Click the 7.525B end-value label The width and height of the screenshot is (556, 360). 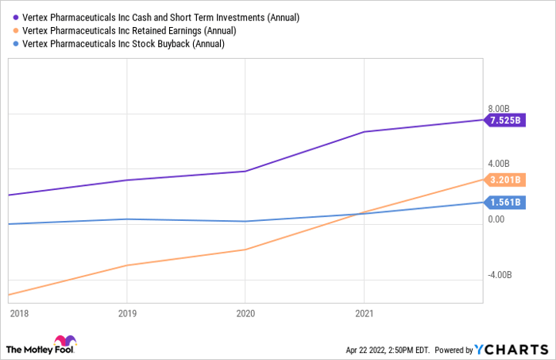click(506, 121)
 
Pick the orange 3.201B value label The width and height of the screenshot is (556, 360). click(506, 180)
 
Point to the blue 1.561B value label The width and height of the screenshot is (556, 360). click(506, 203)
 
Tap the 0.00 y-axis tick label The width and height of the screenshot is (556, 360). click(496, 219)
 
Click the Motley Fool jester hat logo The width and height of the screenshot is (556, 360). click(61, 343)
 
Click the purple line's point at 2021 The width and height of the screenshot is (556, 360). click(364, 132)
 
